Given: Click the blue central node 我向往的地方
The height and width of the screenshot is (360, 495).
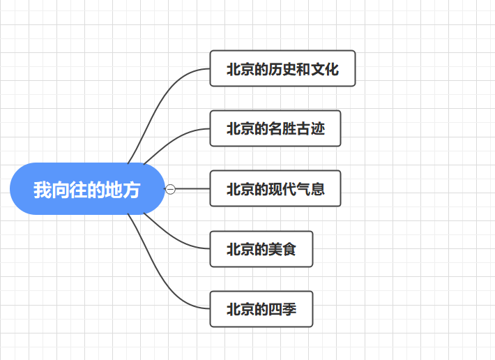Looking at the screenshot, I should pos(87,188).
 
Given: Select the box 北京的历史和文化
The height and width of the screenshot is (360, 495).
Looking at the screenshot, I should pos(282,68).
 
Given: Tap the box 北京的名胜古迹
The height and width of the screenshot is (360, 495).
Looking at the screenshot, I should pos(275,128).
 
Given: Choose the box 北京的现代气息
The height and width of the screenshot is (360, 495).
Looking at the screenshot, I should pos(275,188).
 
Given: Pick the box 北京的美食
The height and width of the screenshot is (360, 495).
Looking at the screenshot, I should pos(261,248).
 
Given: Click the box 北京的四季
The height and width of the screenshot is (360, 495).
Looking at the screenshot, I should pos(261,308).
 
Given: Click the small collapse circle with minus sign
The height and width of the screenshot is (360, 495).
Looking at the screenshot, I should pos(170,188).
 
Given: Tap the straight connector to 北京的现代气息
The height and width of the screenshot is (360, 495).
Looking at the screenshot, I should pos(192,188).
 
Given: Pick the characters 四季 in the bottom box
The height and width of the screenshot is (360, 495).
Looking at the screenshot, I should pos(282,309).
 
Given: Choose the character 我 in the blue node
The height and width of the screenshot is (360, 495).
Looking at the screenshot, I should pos(43,189).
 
